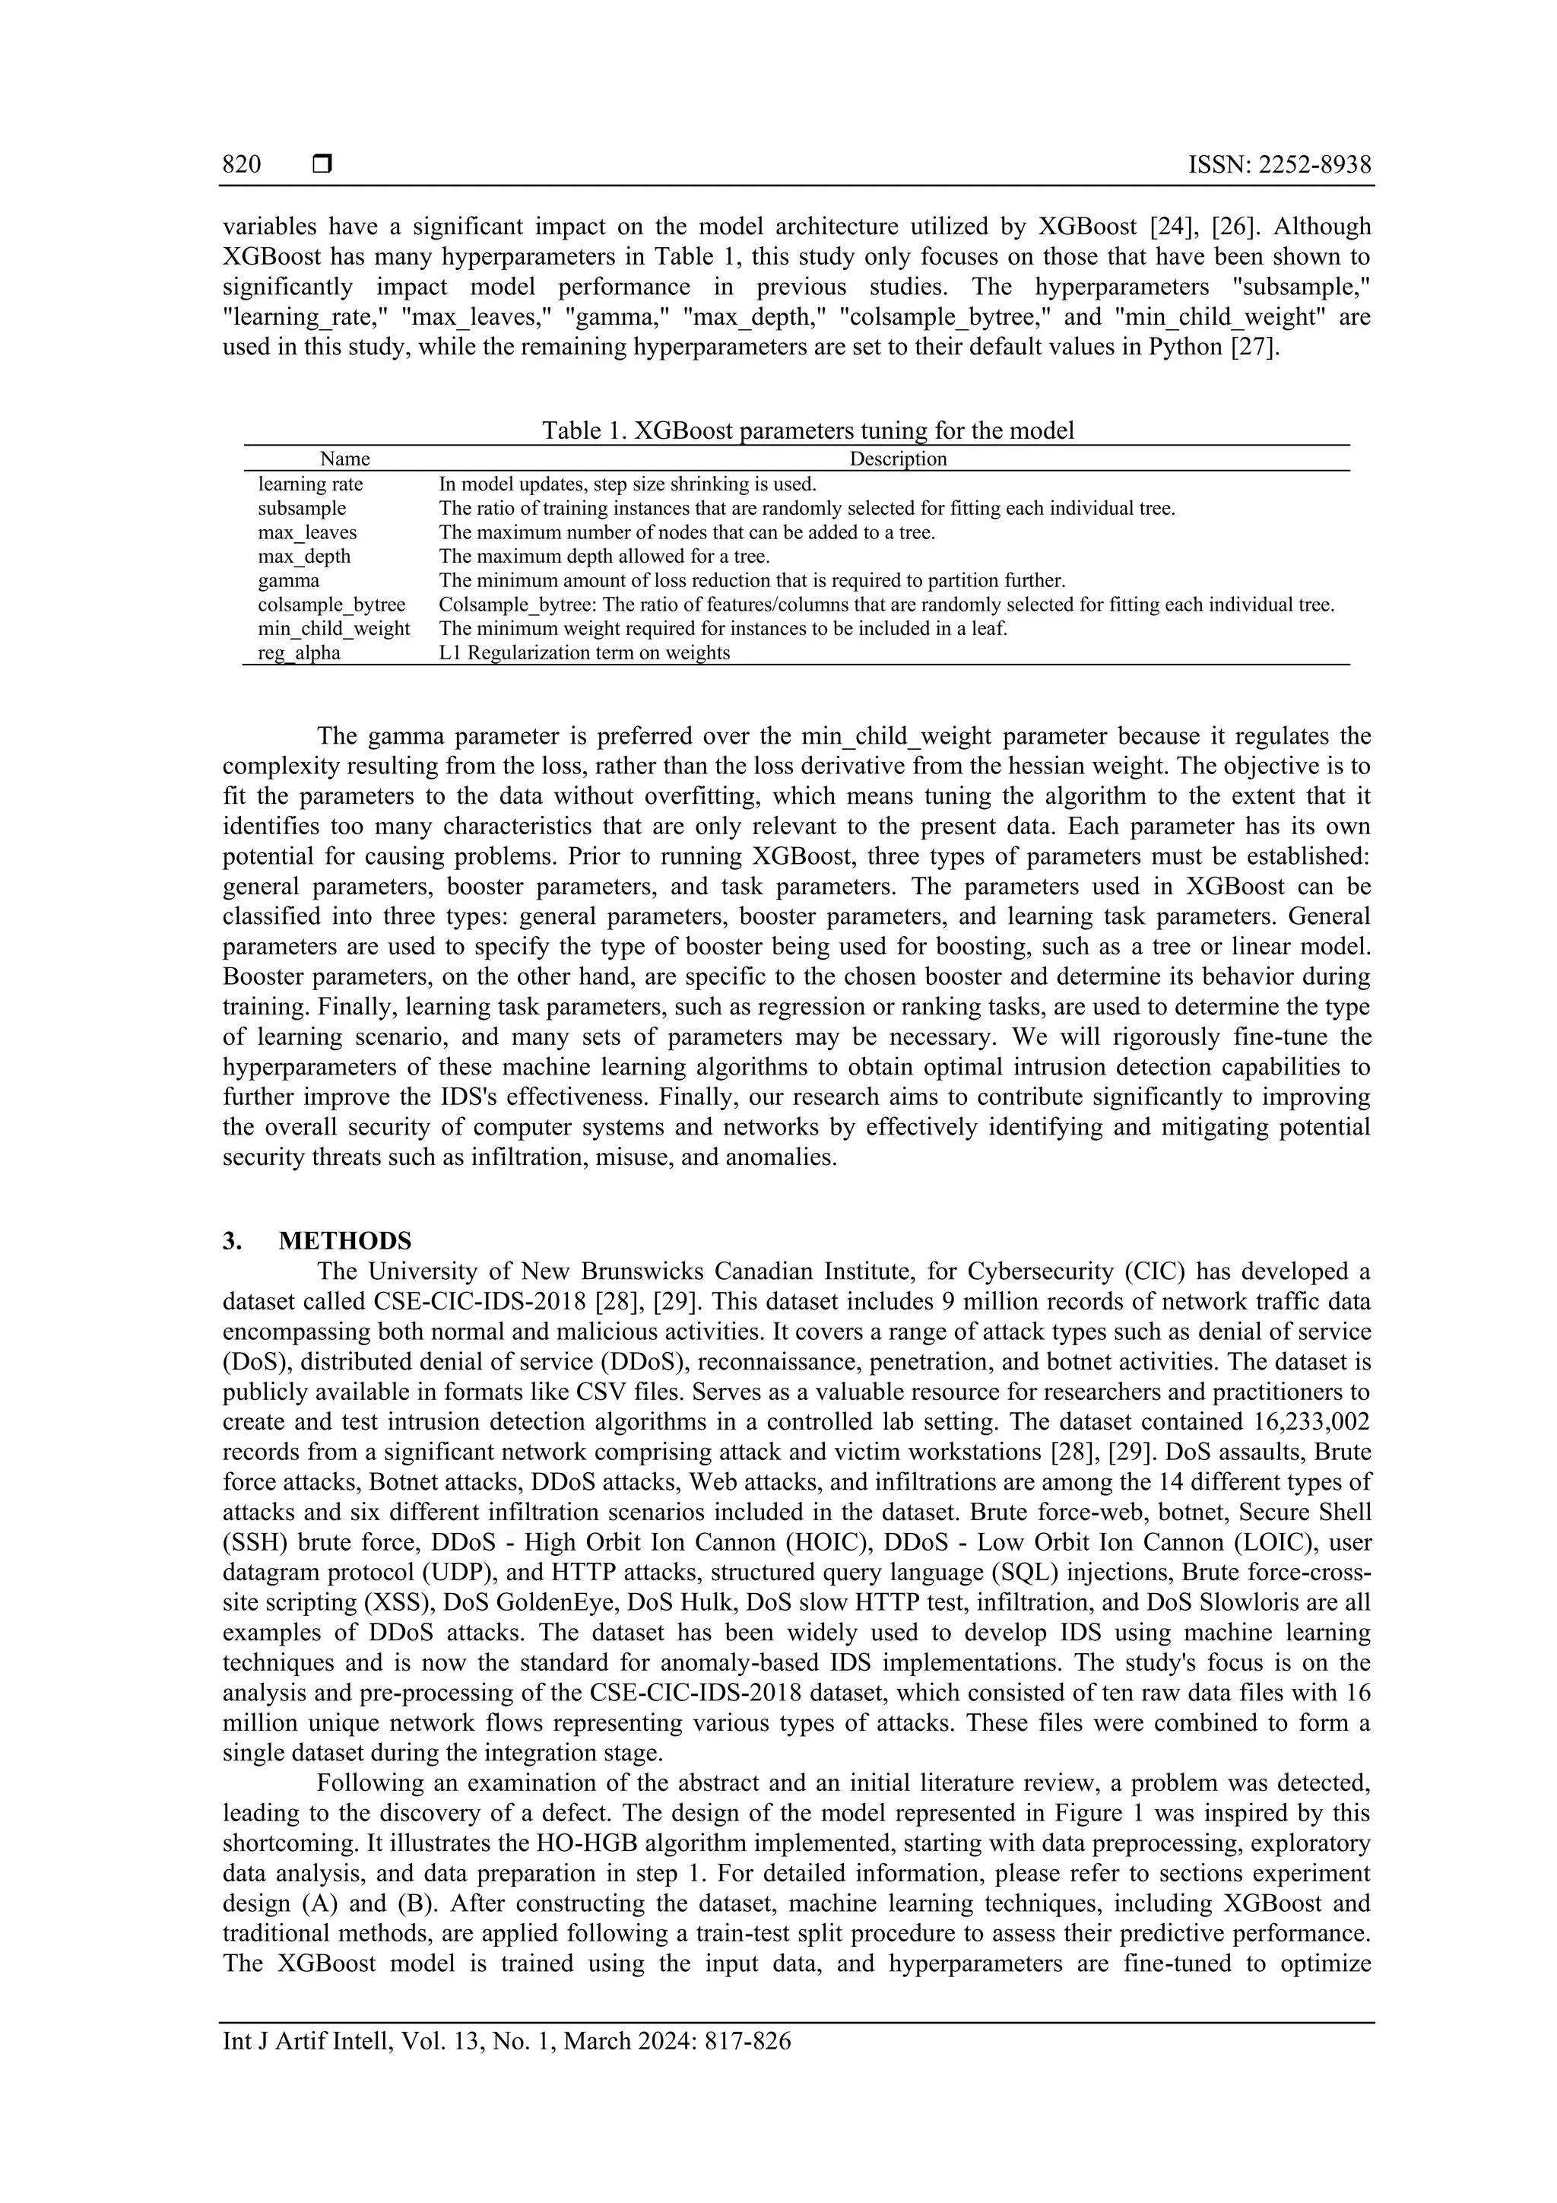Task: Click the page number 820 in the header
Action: click(x=242, y=164)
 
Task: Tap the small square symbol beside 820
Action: click(x=322, y=164)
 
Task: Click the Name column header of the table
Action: click(x=344, y=459)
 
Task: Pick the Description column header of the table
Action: click(x=897, y=459)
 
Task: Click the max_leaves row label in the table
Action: click(x=307, y=532)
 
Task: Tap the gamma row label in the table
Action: click(x=288, y=580)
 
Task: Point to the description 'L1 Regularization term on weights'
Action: click(x=584, y=652)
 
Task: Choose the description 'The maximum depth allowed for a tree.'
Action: click(x=604, y=556)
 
